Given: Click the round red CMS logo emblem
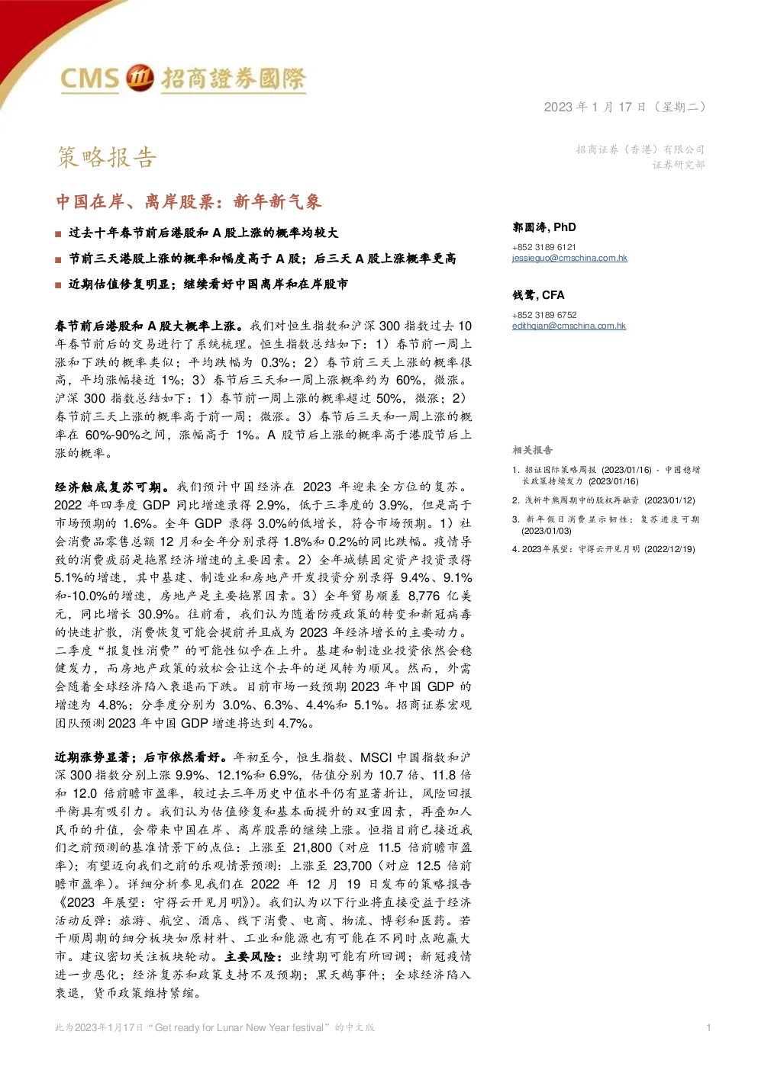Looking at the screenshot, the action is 140,77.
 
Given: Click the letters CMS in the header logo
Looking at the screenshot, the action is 89,79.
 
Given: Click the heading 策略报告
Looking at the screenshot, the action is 107,156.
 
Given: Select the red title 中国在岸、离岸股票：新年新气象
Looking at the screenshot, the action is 189,201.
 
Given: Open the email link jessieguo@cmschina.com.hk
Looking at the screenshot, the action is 569,258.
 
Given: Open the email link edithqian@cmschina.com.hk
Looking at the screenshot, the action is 569,326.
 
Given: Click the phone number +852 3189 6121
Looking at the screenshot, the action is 544,247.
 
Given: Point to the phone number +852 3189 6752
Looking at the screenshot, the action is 544,315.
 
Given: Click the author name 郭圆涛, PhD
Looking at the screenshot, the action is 544,227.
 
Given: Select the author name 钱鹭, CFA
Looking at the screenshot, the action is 538,295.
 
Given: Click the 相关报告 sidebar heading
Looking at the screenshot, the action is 532,450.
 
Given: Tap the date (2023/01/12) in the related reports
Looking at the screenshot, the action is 669,500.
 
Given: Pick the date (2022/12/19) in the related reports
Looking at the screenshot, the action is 669,549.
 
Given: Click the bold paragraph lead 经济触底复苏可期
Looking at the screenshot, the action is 108,487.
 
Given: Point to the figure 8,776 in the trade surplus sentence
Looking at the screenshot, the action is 424,596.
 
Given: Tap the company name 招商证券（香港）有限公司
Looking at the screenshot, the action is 640,149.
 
